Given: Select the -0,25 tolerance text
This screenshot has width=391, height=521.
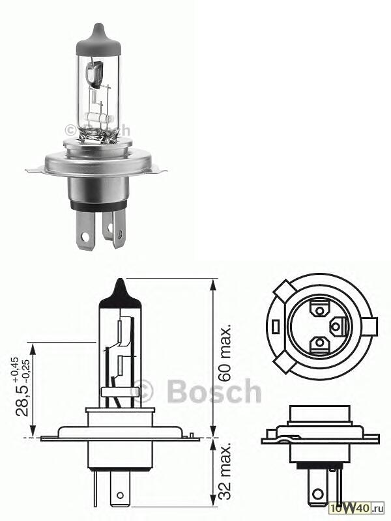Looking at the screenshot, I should pyautogui.click(x=25, y=369).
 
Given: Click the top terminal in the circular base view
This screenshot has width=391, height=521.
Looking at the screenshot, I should pyautogui.click(x=320, y=306).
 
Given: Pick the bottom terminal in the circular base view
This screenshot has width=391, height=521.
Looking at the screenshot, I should pyautogui.click(x=319, y=343).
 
